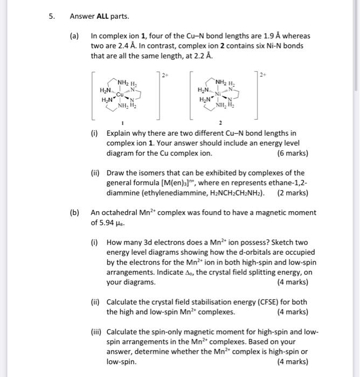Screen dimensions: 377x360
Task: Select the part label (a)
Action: [x=74, y=36]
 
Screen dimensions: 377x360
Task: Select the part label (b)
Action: [x=74, y=212]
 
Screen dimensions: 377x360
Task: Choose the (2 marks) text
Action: [x=293, y=193]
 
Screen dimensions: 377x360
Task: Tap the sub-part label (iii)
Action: [x=97, y=332]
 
